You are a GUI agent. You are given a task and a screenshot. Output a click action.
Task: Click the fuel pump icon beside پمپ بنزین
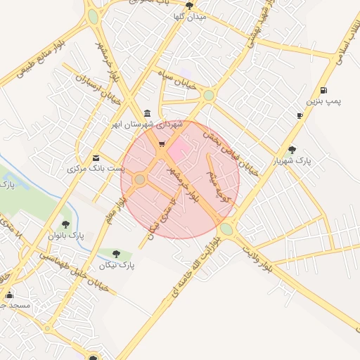[x=323, y=90]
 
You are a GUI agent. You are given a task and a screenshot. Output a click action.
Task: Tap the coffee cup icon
[x=300, y=115]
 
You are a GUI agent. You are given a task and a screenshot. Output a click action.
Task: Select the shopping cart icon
[x=162, y=144]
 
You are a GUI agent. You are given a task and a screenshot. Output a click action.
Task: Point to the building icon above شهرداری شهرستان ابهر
[x=147, y=113]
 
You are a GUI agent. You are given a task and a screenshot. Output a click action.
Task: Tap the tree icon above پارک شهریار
[x=292, y=149]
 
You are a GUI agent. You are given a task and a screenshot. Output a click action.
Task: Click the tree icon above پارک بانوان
[x=66, y=224]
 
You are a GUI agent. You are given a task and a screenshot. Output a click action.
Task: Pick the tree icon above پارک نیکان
[x=117, y=254]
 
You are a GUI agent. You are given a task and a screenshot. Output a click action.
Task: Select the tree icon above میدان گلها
[x=189, y=6]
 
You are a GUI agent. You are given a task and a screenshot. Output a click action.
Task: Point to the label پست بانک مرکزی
[x=96, y=169]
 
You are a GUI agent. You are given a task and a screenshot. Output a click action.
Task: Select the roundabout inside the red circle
[x=140, y=180]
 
